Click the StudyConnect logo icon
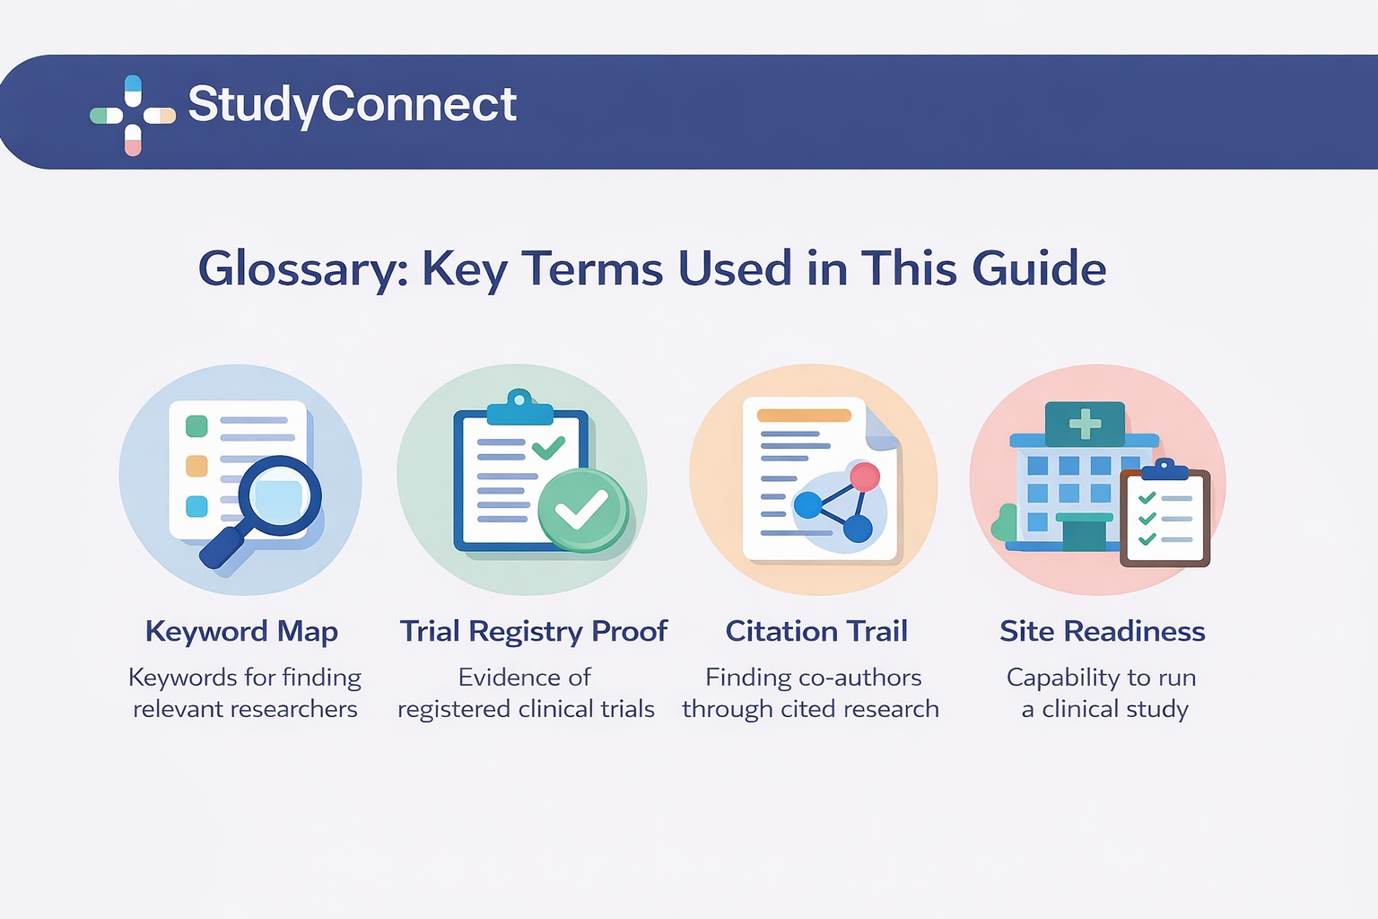point(133,115)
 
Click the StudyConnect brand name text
point(352,104)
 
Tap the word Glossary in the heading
point(303,268)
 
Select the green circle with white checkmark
point(582,510)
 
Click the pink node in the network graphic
point(865,477)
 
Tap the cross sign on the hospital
point(1085,424)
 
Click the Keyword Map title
point(241,631)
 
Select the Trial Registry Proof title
point(534,631)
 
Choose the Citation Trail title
point(816,631)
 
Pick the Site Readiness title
point(1103,631)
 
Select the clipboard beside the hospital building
point(1164,518)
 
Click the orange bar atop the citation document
point(804,416)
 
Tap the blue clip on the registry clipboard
point(519,408)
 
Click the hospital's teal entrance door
point(1084,535)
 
